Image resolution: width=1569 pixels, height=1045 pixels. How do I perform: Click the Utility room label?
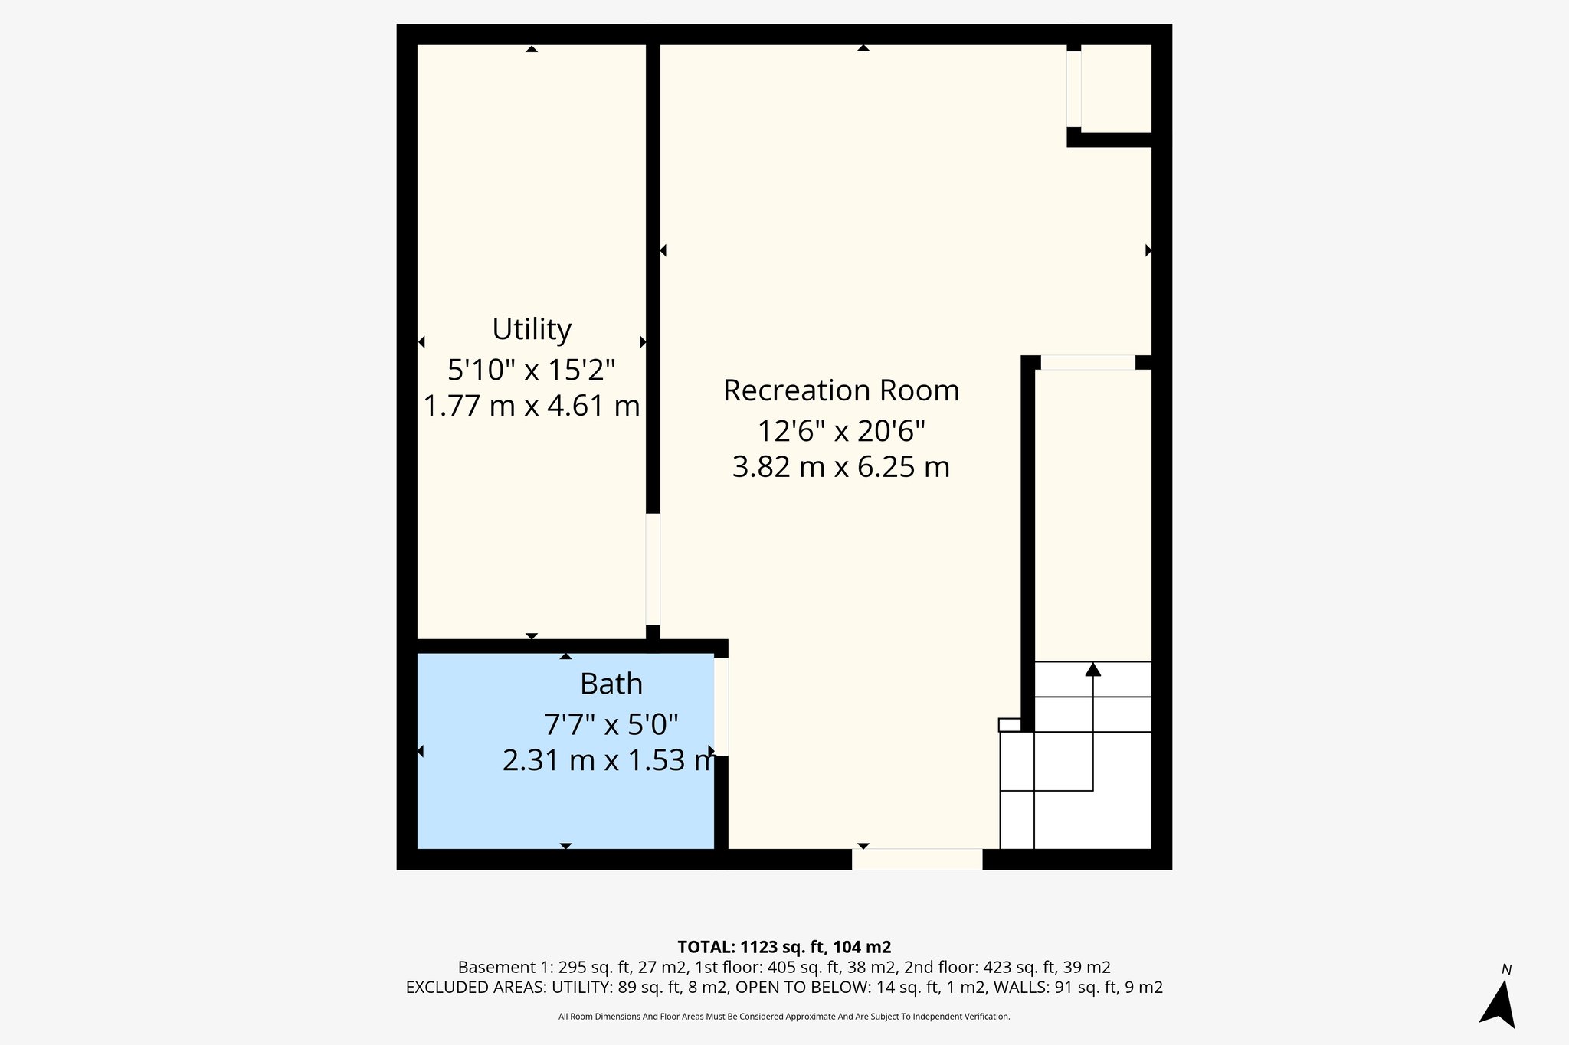pyautogui.click(x=531, y=330)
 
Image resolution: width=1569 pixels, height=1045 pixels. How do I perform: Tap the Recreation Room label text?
pyautogui.click(x=840, y=390)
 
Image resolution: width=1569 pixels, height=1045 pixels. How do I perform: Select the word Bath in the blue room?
pyautogui.click(x=611, y=684)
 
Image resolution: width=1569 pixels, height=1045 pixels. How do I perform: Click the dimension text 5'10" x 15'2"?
pyautogui.click(x=531, y=371)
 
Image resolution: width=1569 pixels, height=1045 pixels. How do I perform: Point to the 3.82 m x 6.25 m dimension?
pyautogui.click(x=840, y=467)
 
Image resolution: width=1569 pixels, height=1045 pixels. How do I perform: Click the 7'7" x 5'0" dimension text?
pyautogui.click(x=611, y=723)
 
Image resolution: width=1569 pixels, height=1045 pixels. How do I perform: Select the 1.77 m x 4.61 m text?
pyautogui.click(x=531, y=406)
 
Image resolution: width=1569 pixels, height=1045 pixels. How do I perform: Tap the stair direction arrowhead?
pyautogui.click(x=1092, y=670)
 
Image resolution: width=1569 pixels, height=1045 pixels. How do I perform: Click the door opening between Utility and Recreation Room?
pyautogui.click(x=653, y=569)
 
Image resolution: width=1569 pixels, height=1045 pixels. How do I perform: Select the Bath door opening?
pyautogui.click(x=721, y=707)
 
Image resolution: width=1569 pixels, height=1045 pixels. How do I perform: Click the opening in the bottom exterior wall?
pyautogui.click(x=916, y=859)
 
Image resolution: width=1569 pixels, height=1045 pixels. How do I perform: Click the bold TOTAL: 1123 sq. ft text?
pyautogui.click(x=784, y=947)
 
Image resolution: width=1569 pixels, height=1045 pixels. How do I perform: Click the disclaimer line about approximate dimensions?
pyautogui.click(x=784, y=1017)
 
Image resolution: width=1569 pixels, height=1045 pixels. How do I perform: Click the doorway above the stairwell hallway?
pyautogui.click(x=1087, y=363)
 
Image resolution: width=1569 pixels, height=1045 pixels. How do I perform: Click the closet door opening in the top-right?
pyautogui.click(x=1073, y=88)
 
